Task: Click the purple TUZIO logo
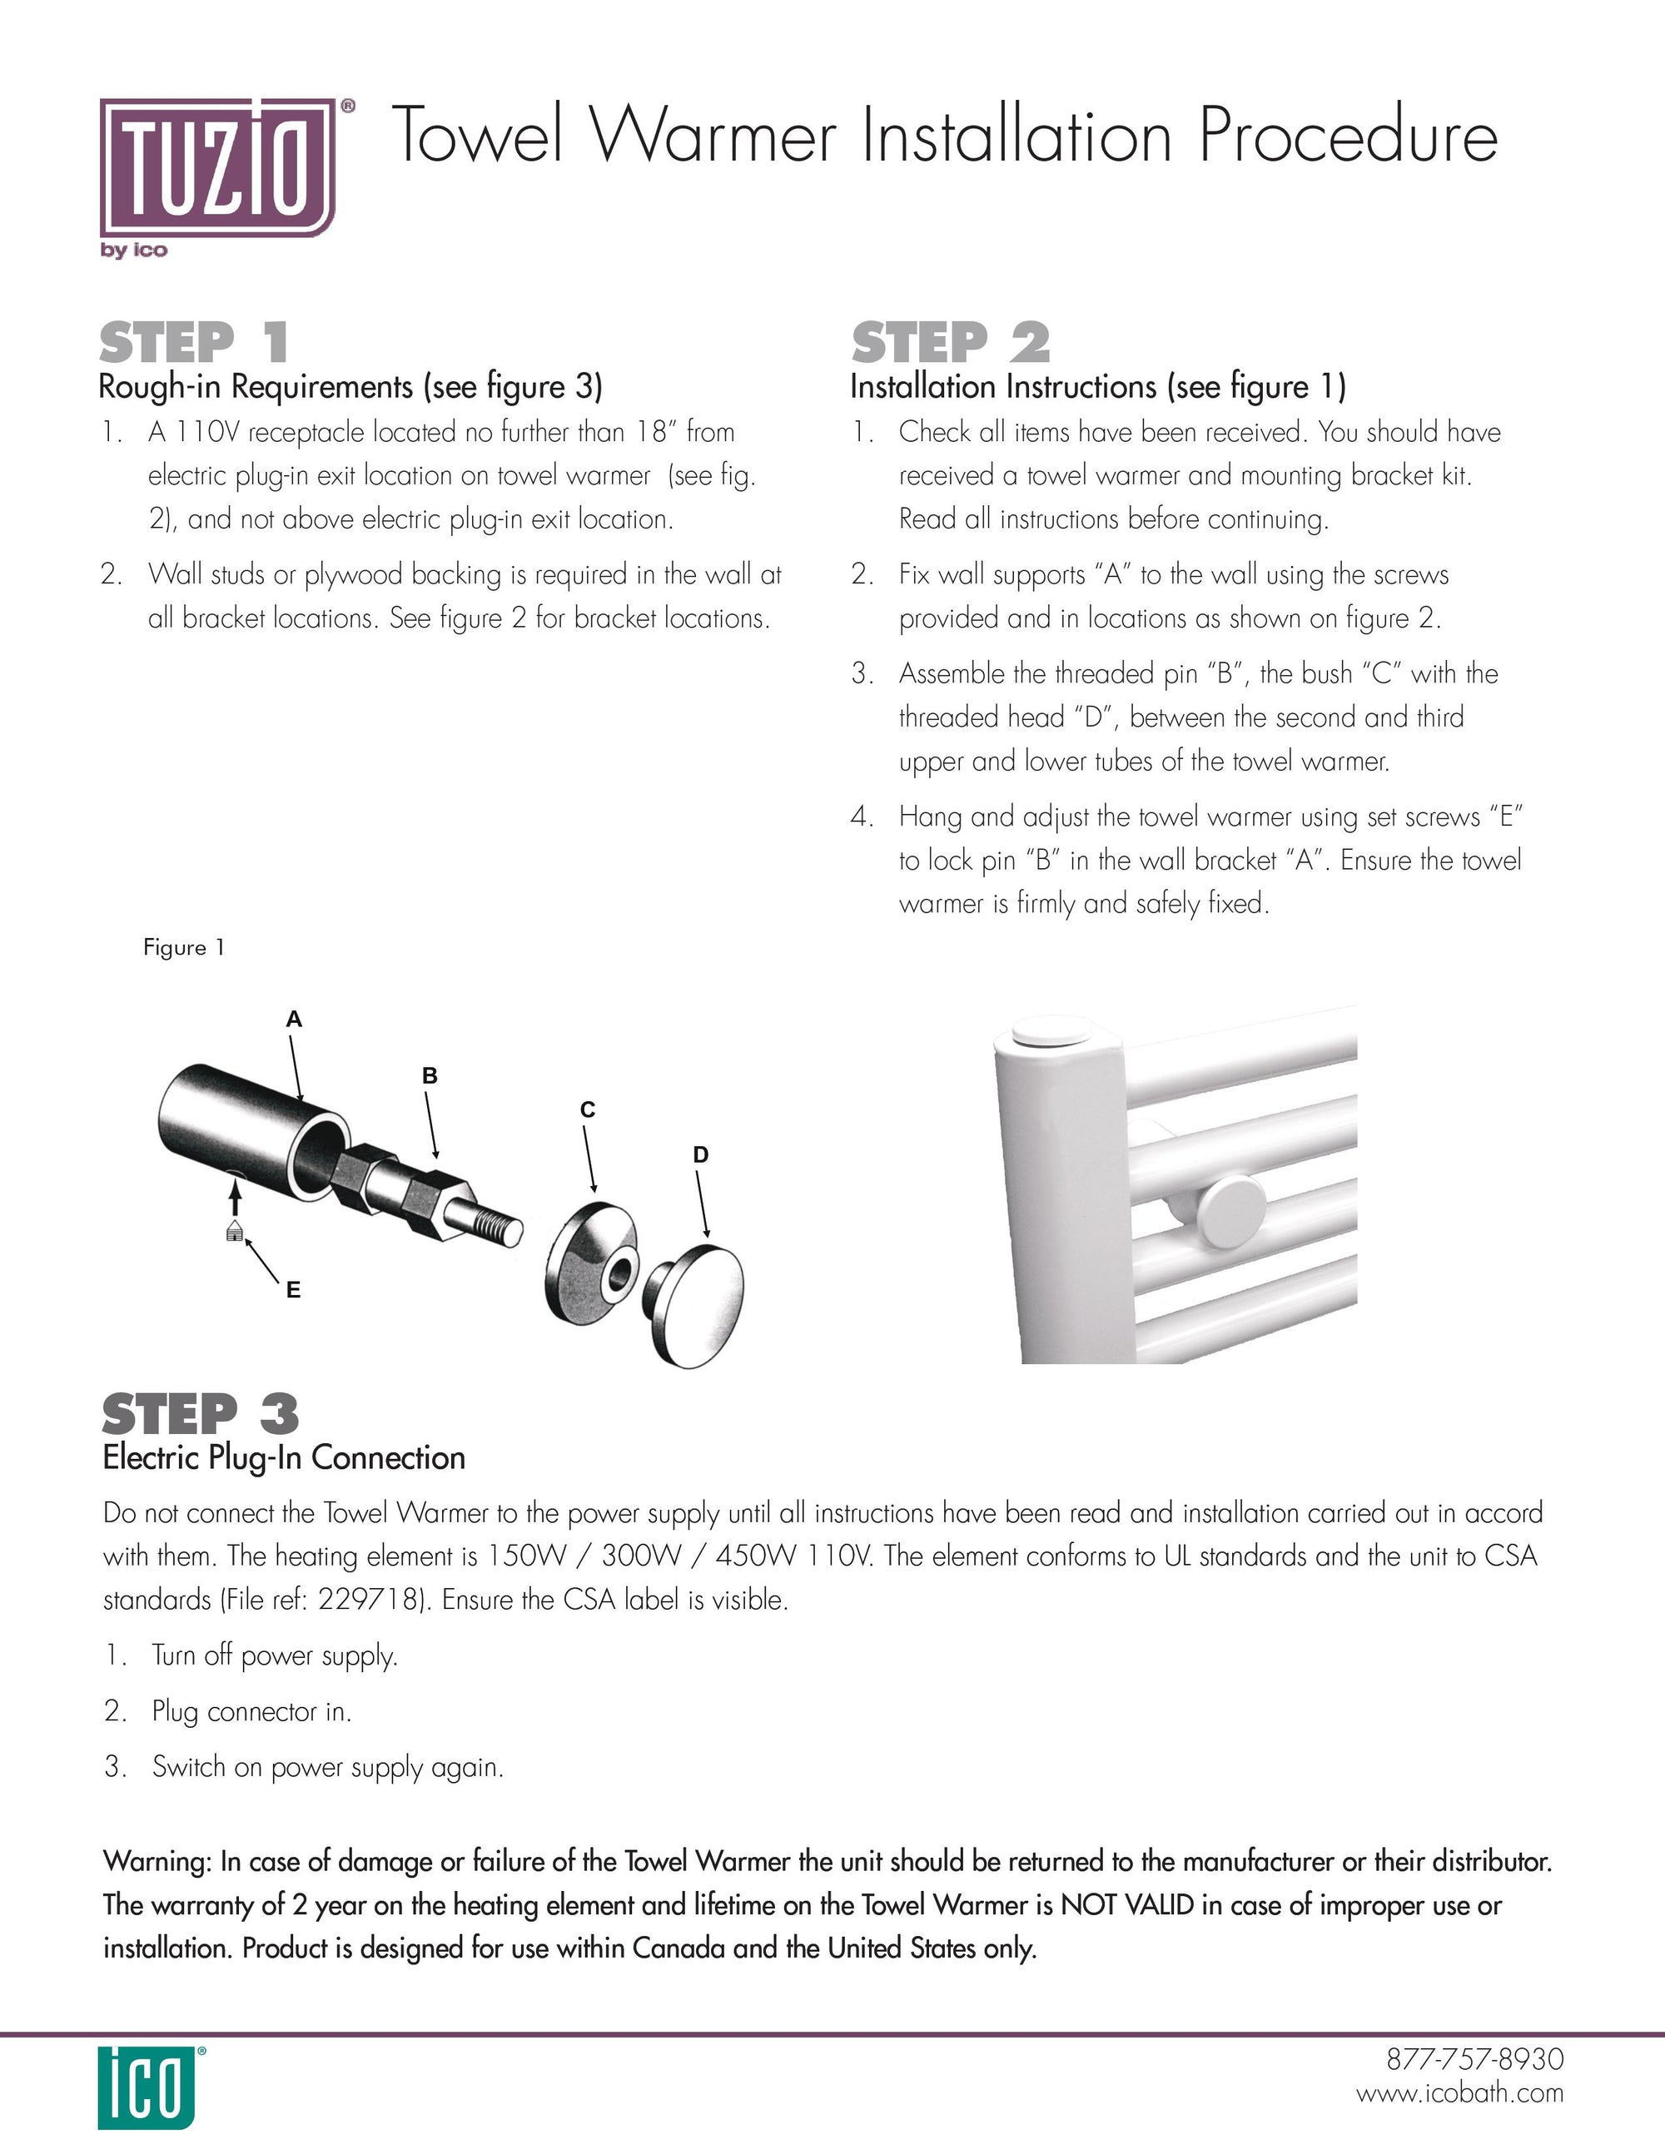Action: pyautogui.click(x=217, y=167)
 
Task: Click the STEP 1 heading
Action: pyautogui.click(x=194, y=343)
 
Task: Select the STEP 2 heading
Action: pyautogui.click(x=951, y=343)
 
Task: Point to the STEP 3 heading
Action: pyautogui.click(x=201, y=1414)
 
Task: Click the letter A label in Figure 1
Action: pyautogui.click(x=293, y=1020)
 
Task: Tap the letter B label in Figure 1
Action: pyautogui.click(x=429, y=1076)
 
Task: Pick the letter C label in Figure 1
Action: pyautogui.click(x=588, y=1110)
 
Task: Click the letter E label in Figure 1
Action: pyautogui.click(x=293, y=1290)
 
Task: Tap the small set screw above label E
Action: pyautogui.click(x=235, y=1230)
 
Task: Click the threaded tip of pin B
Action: pyautogui.click(x=500, y=1228)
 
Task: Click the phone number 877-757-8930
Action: pyautogui.click(x=1474, y=2059)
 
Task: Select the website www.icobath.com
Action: pyautogui.click(x=1460, y=2093)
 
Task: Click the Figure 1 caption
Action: pyautogui.click(x=185, y=948)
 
